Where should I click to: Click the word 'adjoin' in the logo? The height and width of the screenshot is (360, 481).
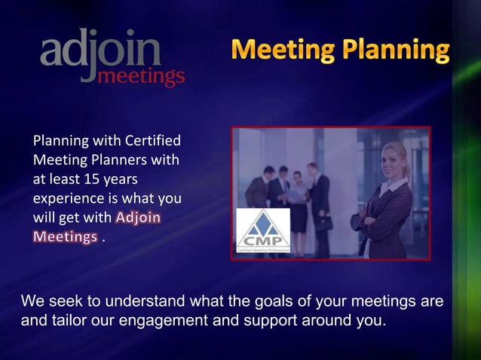pyautogui.click(x=100, y=51)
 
